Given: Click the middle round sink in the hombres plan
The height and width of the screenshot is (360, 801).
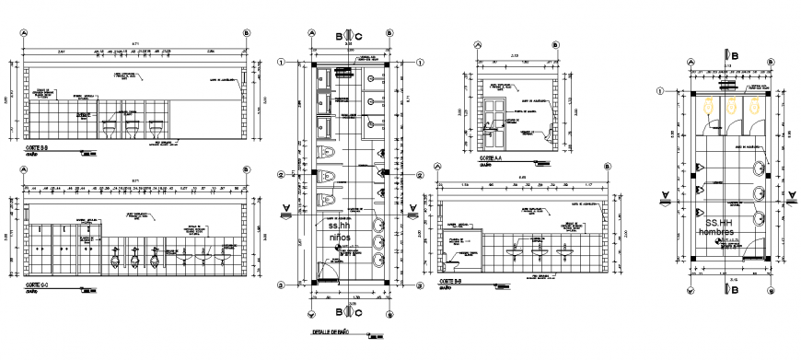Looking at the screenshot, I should (760, 193).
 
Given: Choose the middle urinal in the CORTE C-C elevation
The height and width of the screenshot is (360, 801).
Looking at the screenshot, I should (134, 261).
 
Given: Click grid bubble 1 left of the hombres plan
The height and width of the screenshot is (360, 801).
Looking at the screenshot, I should (660, 90).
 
